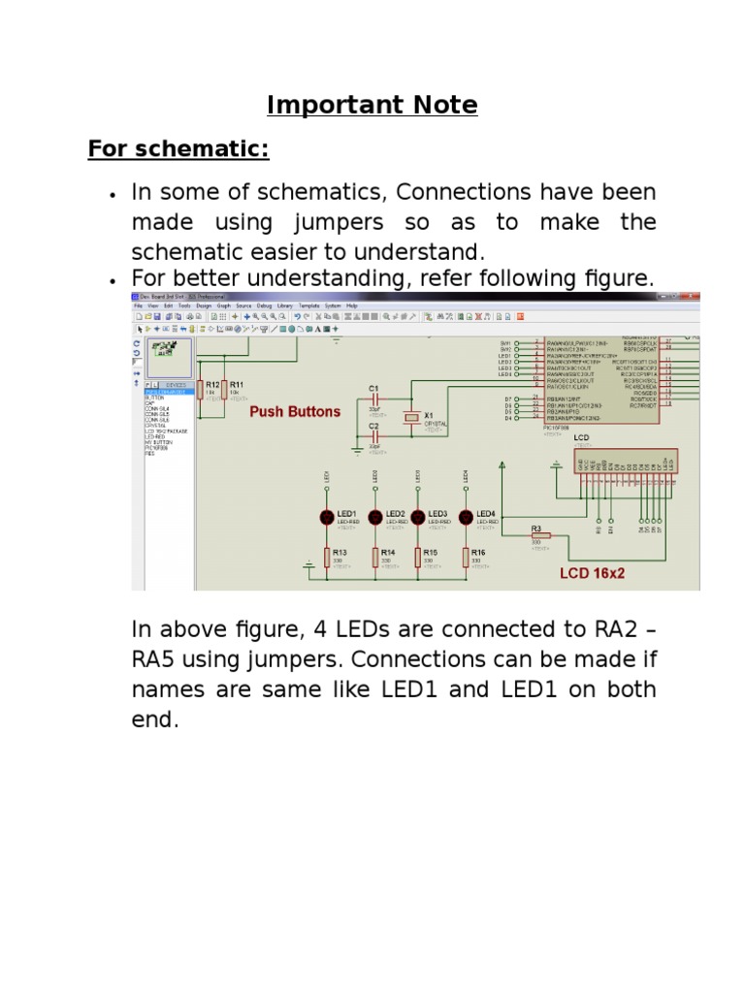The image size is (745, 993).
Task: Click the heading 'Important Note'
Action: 372,106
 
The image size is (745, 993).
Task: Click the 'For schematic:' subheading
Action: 178,149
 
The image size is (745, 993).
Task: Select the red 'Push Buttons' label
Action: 295,411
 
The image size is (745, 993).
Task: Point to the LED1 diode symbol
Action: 327,516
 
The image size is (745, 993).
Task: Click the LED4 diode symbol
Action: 467,516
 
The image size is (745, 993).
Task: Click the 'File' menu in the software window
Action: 139,305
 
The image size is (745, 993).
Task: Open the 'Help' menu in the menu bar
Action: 352,305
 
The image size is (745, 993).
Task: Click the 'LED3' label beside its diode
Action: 437,513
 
